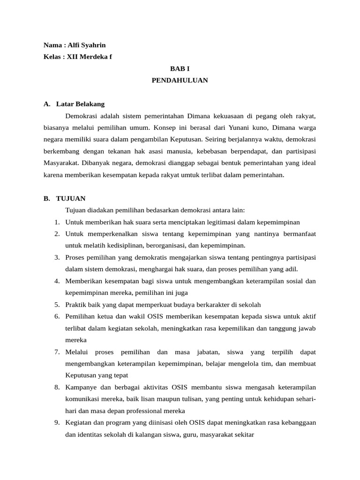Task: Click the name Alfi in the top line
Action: (x=74, y=45)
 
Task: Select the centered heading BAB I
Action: (x=180, y=68)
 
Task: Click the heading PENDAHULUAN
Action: (x=180, y=80)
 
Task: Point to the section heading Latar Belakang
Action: (x=80, y=104)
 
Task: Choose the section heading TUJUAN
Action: (x=70, y=198)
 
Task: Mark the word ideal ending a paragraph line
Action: (x=307, y=163)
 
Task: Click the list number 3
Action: (x=57, y=257)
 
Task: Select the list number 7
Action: (x=57, y=352)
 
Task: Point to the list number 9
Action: (x=57, y=422)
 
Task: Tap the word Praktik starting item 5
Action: (x=76, y=304)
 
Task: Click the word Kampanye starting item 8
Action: (x=81, y=387)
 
